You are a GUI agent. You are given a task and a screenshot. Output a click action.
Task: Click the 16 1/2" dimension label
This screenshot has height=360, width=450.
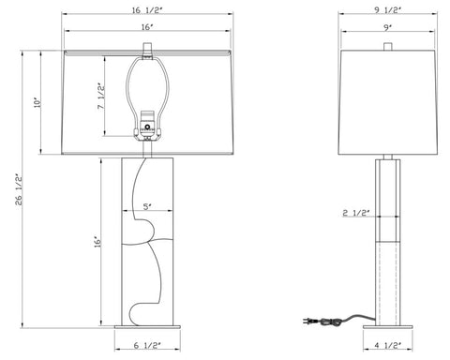coord(147,10)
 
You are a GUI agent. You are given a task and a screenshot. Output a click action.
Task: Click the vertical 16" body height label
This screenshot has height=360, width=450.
coord(97,241)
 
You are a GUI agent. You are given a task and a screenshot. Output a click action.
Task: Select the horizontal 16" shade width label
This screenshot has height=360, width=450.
coord(147,29)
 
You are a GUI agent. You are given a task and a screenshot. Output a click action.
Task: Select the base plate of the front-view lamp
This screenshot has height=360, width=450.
coord(147,327)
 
